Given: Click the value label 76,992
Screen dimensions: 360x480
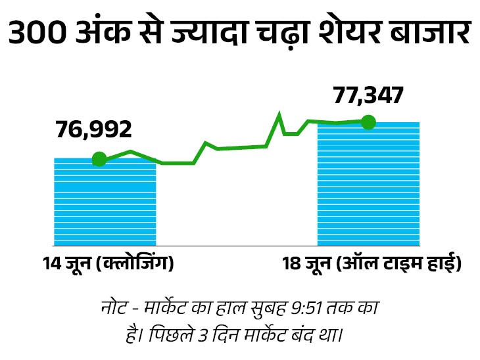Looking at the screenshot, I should [x=94, y=129].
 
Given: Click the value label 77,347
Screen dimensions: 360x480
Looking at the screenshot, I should [x=368, y=95].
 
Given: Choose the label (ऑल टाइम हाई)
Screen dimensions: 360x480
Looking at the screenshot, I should [x=399, y=264].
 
